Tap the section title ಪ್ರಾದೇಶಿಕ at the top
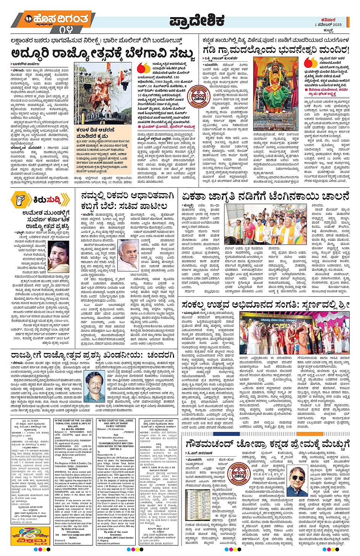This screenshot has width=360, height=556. coord(197,21)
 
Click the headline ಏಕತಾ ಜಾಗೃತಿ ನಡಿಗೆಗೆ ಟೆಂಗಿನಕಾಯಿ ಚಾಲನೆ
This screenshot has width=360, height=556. coord(265,197)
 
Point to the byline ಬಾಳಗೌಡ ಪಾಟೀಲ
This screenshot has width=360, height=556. coord(26,64)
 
